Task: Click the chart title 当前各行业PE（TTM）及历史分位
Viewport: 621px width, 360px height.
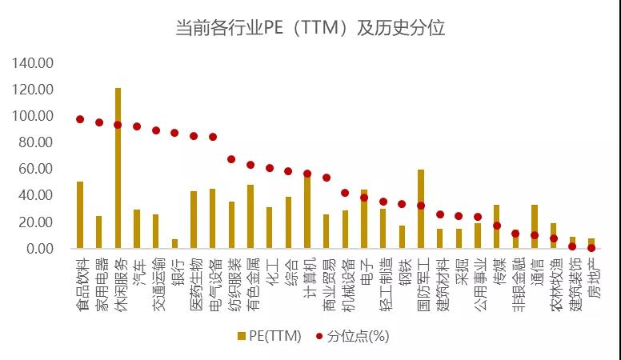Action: tap(310, 28)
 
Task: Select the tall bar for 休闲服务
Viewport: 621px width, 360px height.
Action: tap(118, 168)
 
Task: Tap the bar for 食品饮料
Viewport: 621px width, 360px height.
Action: tap(80, 214)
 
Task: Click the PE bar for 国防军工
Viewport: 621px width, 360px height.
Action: tap(421, 209)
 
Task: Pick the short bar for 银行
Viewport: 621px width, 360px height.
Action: tap(174, 243)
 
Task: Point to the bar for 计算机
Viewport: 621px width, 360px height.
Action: tap(307, 212)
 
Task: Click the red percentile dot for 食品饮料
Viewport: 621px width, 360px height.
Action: tap(80, 119)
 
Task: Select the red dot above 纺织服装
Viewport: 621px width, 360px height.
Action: tap(231, 159)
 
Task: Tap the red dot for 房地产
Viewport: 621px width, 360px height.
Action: tap(591, 248)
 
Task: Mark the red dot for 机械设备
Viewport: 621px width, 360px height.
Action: tap(345, 193)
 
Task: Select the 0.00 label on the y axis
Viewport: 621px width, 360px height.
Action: tap(40, 249)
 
